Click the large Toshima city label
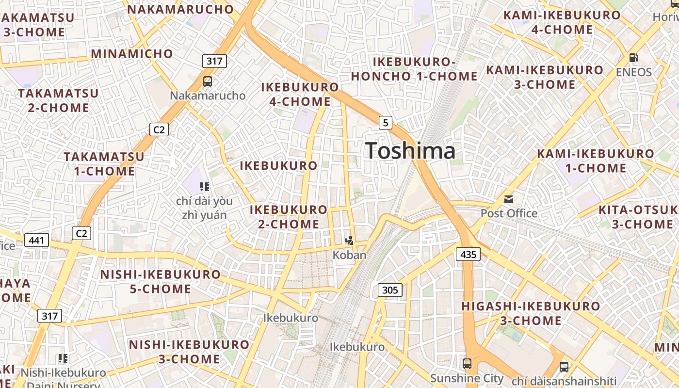click(x=410, y=150)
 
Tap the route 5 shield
click(x=386, y=123)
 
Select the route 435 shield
click(x=468, y=254)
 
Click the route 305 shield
click(x=390, y=290)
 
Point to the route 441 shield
click(x=36, y=240)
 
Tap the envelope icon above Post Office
click(x=509, y=199)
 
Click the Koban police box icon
click(x=349, y=240)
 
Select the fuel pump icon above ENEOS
click(x=633, y=58)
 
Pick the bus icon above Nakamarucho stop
click(x=208, y=81)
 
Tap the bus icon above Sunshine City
click(x=467, y=363)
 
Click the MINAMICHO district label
click(x=132, y=53)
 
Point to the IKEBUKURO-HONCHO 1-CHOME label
click(x=414, y=69)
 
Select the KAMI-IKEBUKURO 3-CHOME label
click(x=545, y=77)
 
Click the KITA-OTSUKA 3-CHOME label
click(x=638, y=217)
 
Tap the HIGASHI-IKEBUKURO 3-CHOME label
click(x=531, y=313)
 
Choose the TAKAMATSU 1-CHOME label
click(x=104, y=164)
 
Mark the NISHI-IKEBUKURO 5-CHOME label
click(x=161, y=282)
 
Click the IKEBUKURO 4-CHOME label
click(x=300, y=95)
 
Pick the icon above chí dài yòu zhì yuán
click(x=204, y=186)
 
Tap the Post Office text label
click(x=509, y=213)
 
